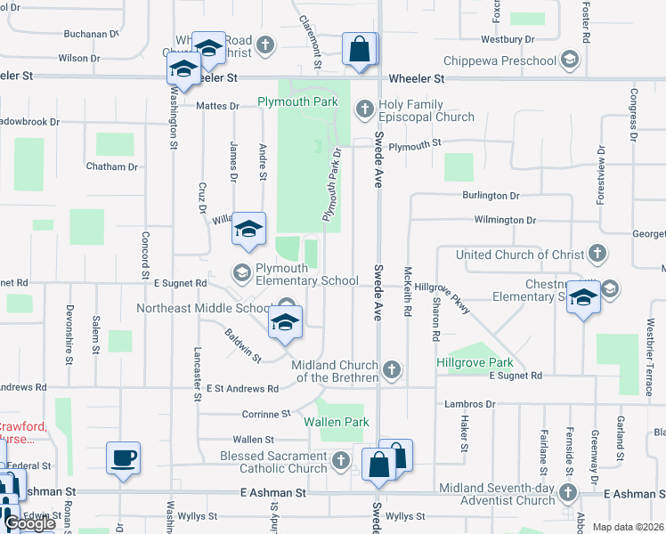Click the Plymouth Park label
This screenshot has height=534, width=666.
coord(297,102)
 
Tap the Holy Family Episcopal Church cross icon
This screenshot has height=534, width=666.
coord(363,109)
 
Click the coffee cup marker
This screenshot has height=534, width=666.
coord(123,459)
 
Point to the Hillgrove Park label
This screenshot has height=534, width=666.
coord(475,363)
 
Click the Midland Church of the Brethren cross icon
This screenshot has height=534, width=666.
coord(390,368)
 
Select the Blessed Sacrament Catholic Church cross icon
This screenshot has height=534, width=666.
coord(340,460)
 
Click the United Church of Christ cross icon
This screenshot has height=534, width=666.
coord(597,255)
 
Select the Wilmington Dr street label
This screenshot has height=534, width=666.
coord(505,220)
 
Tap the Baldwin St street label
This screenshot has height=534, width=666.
coord(242,345)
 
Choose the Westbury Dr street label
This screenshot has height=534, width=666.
coord(507,40)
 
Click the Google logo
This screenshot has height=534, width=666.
coord(29,523)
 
